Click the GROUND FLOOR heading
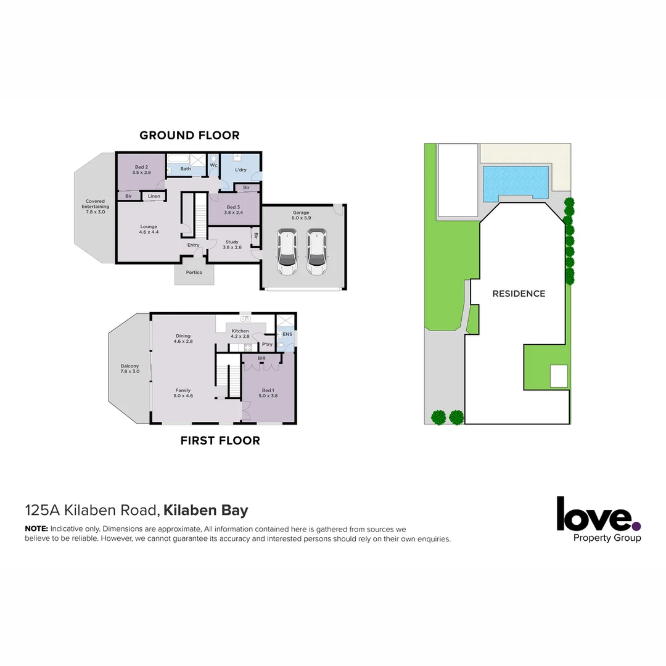click(189, 135)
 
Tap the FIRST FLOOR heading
click(220, 440)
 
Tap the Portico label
click(194, 272)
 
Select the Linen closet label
click(154, 196)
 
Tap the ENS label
click(287, 334)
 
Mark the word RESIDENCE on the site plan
click(519, 294)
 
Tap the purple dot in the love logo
click(636, 526)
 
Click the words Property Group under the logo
click(607, 538)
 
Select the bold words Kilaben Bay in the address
click(205, 511)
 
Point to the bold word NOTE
click(36, 529)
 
